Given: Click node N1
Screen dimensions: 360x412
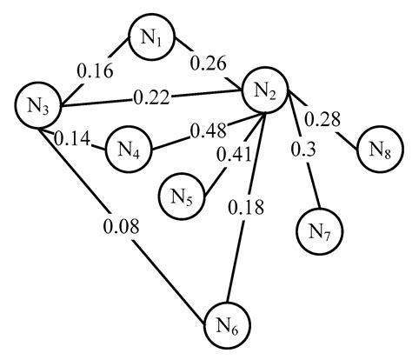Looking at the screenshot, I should (152, 37).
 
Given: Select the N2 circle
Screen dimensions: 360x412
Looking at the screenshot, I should (267, 90).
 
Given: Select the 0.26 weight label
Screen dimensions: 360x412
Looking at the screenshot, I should (209, 63).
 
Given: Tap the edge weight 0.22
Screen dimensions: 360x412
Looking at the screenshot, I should (151, 99).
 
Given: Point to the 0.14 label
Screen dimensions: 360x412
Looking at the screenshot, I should (73, 137).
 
